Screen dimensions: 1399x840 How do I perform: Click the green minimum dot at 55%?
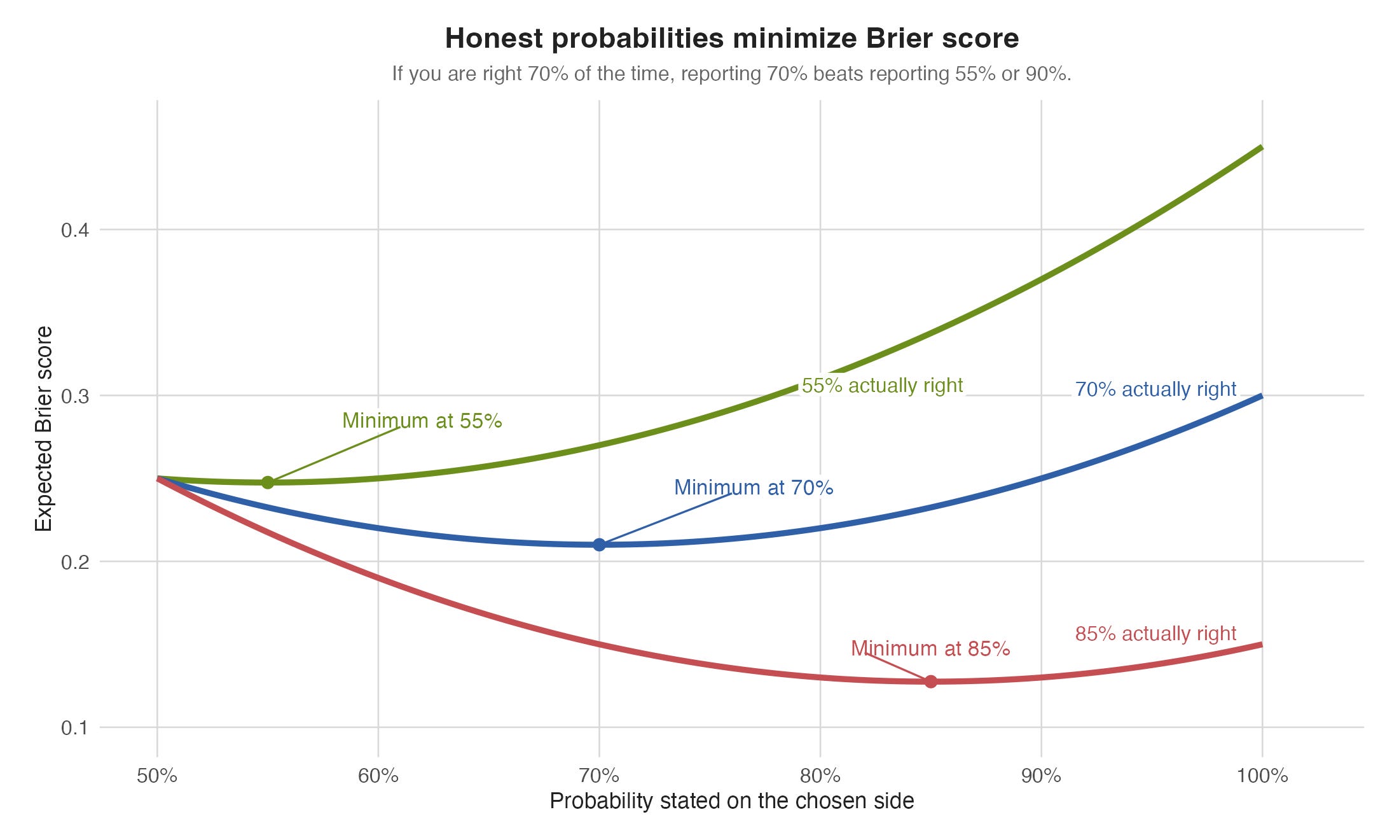[x=268, y=482]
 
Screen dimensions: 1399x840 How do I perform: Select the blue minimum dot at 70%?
[x=599, y=545]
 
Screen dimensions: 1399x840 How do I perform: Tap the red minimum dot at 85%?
[x=931, y=682]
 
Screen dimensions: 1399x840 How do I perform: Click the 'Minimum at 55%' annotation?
[x=422, y=421]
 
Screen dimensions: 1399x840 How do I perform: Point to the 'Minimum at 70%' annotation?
[x=754, y=487]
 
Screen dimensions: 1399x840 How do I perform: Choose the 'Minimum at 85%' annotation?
[x=930, y=648]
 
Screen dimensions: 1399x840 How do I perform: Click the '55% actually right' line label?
[x=882, y=386]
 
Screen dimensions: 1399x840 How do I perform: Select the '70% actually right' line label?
[x=1155, y=389]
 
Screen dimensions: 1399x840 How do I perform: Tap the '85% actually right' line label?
[x=1155, y=633]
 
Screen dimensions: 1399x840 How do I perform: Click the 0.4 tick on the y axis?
[x=74, y=230]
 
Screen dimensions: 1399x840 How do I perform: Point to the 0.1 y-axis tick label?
[x=74, y=727]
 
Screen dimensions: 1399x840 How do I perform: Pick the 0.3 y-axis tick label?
[x=74, y=396]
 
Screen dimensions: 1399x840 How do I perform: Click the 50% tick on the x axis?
[x=157, y=776]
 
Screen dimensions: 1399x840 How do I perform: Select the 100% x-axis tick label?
[x=1262, y=776]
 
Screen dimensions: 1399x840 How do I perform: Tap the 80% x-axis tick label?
[x=820, y=776]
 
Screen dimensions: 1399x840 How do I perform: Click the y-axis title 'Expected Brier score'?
[x=43, y=429]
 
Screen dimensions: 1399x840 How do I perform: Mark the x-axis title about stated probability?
[x=732, y=801]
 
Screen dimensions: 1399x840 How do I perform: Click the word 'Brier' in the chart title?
[x=896, y=38]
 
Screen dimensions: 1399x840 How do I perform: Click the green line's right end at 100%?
[x=1262, y=148]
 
